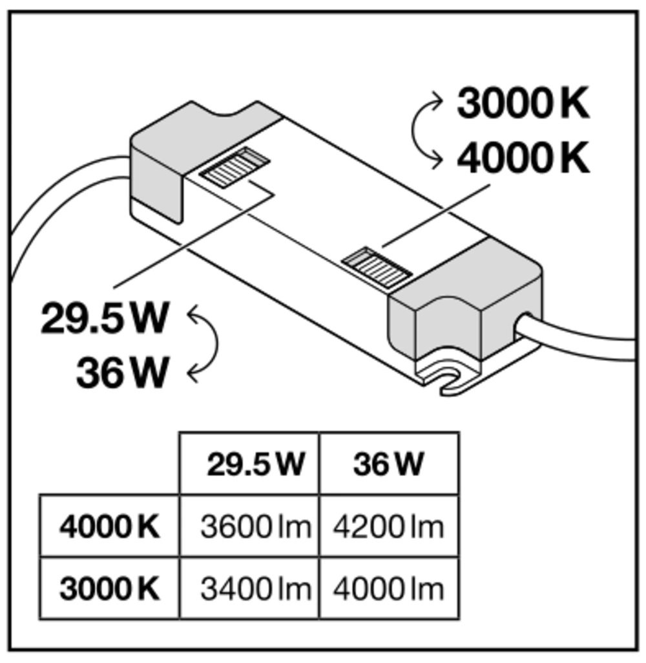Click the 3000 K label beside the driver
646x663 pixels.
[523, 103]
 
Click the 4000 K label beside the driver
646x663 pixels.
[523, 158]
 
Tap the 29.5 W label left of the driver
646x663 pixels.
[105, 318]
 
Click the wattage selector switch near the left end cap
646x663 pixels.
[234, 168]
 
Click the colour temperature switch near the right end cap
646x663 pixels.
[377, 268]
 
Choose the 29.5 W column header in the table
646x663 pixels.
[255, 464]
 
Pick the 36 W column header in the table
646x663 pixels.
[388, 464]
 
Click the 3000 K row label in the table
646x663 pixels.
[109, 589]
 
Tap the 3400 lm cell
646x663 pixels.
[255, 589]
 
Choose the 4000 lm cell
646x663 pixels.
[388, 589]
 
